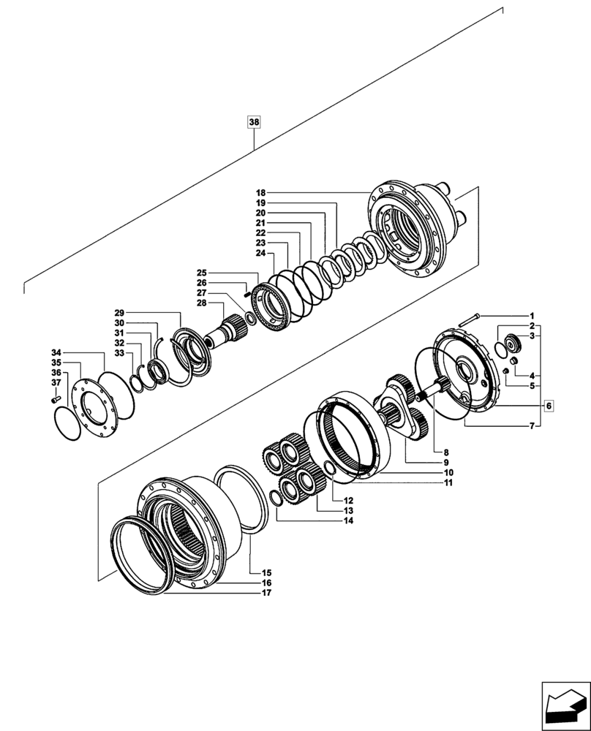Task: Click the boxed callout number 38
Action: click(x=254, y=122)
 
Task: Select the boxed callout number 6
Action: click(x=550, y=405)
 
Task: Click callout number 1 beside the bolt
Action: click(x=532, y=314)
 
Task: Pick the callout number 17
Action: click(x=267, y=594)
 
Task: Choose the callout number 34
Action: click(x=56, y=352)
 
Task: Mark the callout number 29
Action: click(x=119, y=312)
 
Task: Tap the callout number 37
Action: click(x=56, y=382)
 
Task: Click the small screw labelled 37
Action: click(x=53, y=400)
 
